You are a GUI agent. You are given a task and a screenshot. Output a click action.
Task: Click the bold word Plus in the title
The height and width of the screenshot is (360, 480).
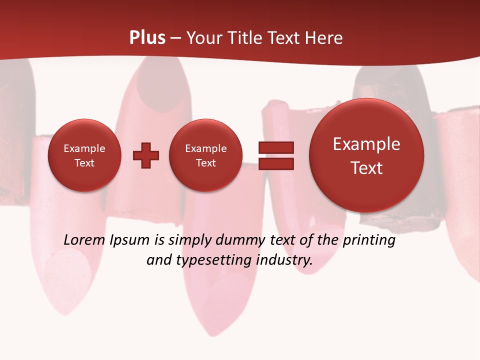click(147, 38)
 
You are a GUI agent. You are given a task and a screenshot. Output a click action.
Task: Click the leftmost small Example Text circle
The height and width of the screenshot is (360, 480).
click(84, 155)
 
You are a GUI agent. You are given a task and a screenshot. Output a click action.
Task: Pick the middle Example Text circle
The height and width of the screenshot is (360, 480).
click(205, 155)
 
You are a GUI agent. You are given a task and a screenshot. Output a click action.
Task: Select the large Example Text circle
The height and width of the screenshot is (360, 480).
click(366, 155)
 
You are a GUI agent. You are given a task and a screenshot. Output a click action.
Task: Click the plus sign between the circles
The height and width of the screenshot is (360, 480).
click(146, 155)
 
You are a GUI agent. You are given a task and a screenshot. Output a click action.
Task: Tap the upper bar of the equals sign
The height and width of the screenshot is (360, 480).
click(276, 147)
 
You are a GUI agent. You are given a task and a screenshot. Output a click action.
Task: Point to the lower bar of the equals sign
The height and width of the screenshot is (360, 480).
click(276, 164)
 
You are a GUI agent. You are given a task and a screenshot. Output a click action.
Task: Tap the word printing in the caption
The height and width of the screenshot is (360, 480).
click(368, 240)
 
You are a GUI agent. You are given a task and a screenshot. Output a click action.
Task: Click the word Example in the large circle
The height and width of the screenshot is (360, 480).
click(366, 144)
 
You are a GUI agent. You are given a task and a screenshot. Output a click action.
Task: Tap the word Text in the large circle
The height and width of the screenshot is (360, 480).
click(366, 168)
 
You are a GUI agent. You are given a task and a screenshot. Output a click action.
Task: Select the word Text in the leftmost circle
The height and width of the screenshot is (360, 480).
click(84, 163)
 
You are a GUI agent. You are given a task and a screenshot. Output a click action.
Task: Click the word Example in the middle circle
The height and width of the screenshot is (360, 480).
click(205, 148)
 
